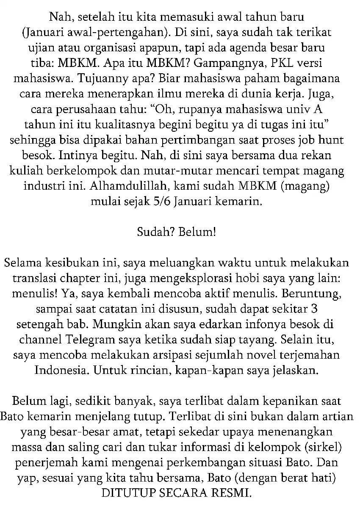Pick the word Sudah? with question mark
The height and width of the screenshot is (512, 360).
(x=156, y=231)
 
